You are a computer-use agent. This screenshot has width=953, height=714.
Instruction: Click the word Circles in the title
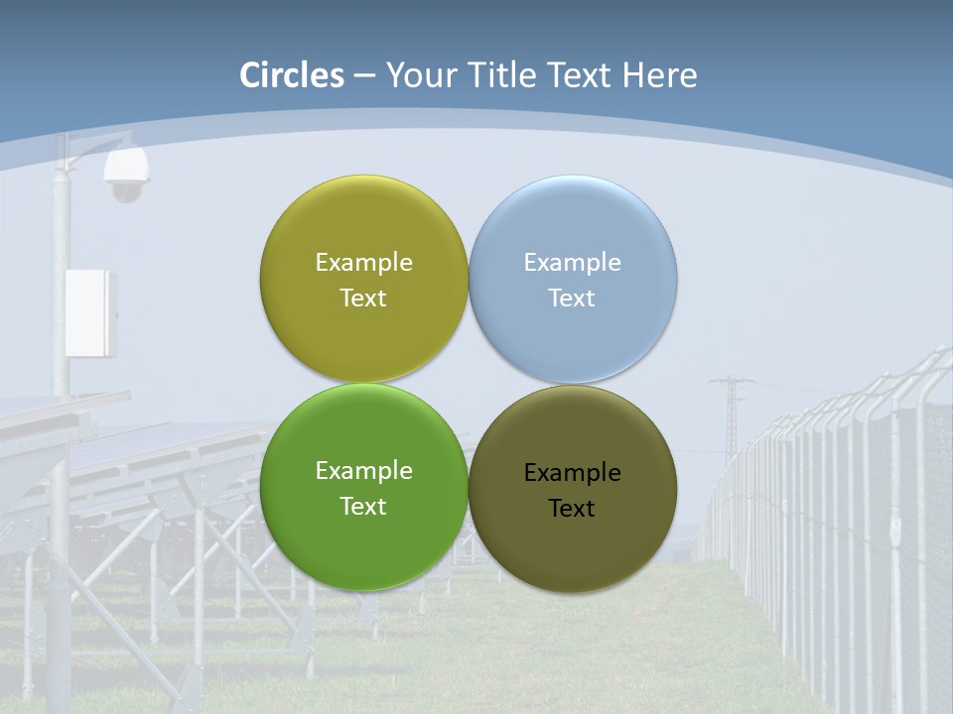[x=292, y=75]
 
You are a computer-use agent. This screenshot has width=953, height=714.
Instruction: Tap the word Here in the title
[x=660, y=75]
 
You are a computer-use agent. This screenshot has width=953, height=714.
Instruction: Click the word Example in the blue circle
[x=572, y=263]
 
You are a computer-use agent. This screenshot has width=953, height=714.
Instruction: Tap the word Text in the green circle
[x=363, y=507]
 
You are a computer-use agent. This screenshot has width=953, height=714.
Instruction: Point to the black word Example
[x=572, y=473]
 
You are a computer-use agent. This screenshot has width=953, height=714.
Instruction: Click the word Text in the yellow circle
[x=363, y=298]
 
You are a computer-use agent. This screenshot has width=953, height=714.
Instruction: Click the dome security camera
[x=126, y=176]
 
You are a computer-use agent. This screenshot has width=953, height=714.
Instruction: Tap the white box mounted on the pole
[x=90, y=312]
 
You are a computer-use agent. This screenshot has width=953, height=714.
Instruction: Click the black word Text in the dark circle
[x=572, y=509]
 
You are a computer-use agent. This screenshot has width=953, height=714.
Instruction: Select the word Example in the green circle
[x=363, y=471]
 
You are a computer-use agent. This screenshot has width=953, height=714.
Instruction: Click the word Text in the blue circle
[x=572, y=298]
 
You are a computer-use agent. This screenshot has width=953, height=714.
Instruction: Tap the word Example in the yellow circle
[x=363, y=263]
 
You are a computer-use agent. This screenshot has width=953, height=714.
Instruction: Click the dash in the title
[x=364, y=76]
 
